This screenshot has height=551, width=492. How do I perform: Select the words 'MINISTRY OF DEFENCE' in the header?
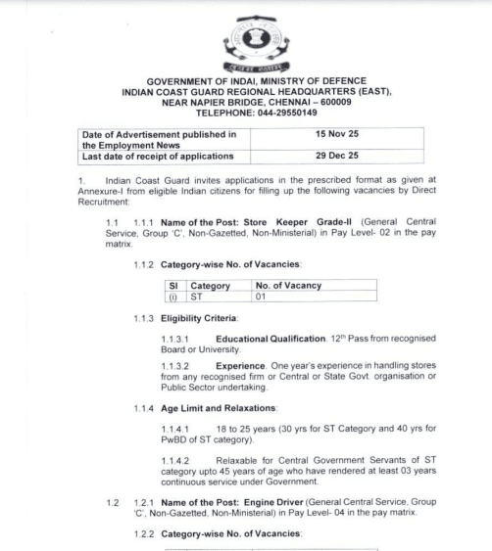coord(307,79)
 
